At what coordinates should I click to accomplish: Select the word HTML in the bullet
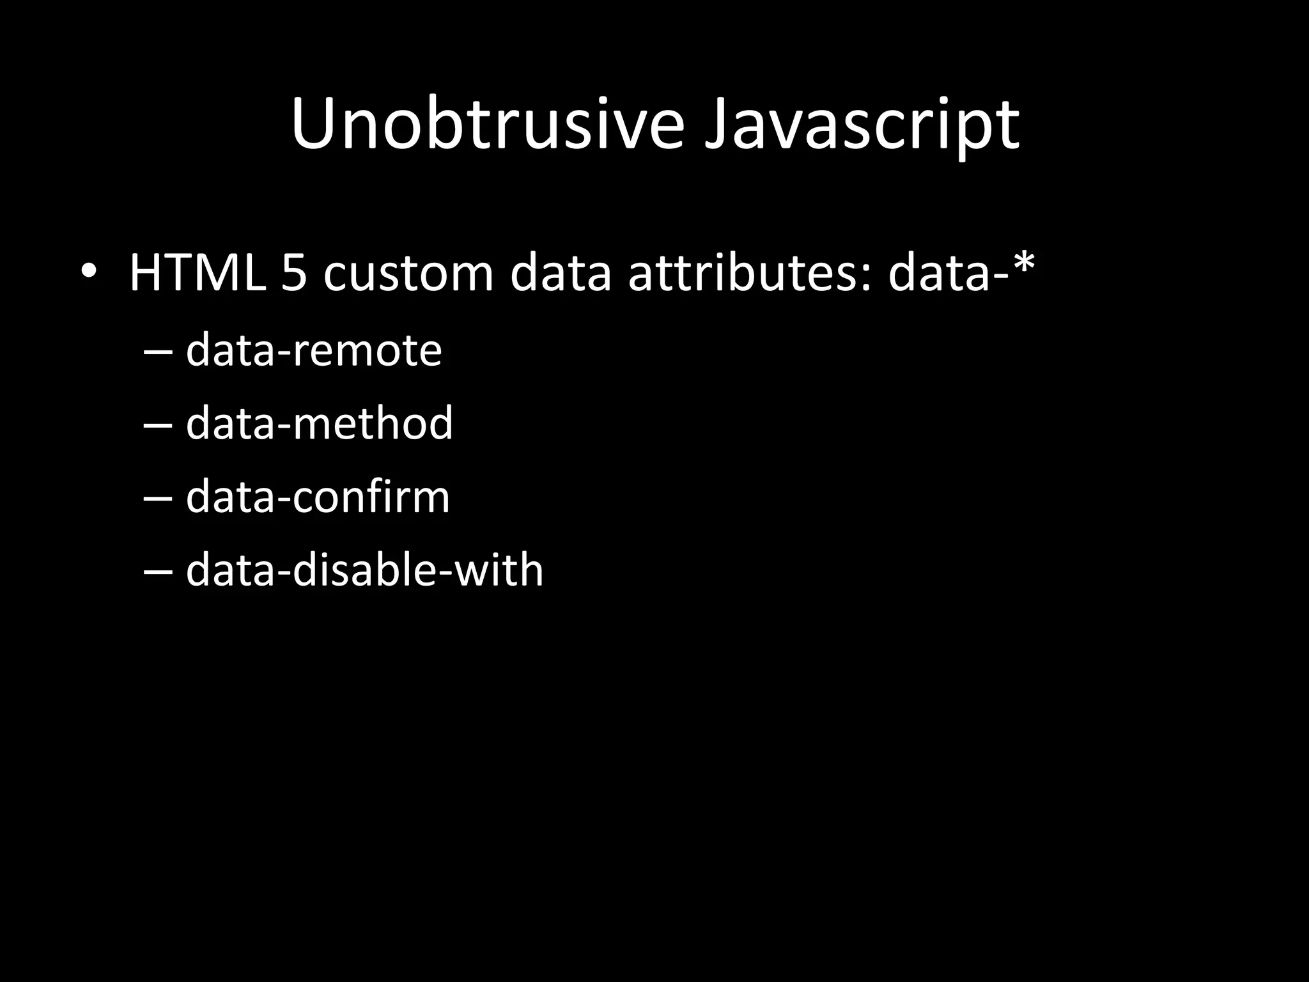(198, 274)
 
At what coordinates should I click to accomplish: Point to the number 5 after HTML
(293, 274)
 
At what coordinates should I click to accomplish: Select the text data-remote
(313, 350)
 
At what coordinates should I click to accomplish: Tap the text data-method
(319, 423)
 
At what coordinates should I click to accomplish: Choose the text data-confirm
(318, 497)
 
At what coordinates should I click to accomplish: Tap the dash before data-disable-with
(159, 573)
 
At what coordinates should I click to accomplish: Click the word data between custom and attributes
(561, 274)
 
